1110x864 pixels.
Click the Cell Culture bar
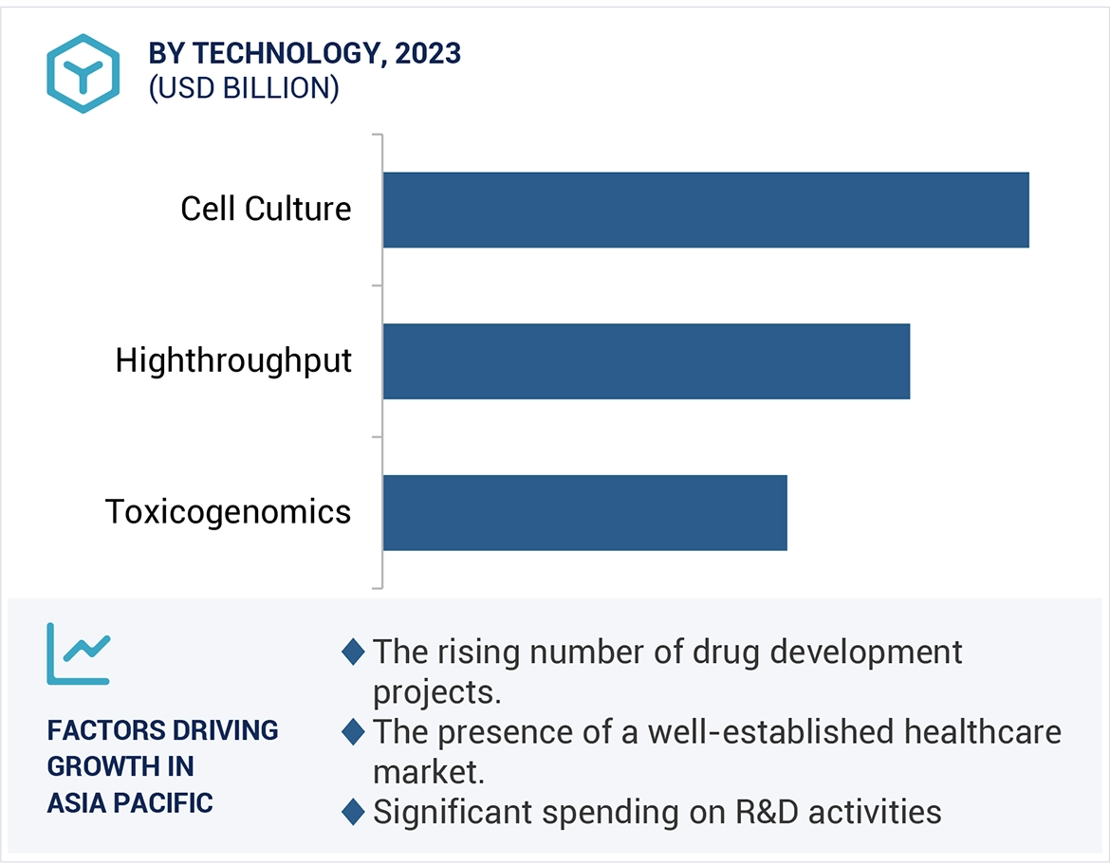[x=706, y=210]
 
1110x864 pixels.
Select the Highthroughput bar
[x=646, y=361]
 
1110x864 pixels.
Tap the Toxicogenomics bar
[x=584, y=512]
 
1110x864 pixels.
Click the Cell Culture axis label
[x=266, y=209]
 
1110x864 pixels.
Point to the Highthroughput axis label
[x=233, y=360]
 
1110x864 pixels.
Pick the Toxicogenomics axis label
[x=228, y=512]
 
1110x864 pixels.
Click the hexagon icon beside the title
[x=83, y=73]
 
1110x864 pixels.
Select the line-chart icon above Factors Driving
[x=79, y=653]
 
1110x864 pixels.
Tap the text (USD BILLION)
[x=243, y=88]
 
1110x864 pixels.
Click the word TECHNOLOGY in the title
[x=286, y=54]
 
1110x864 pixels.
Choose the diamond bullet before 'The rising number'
[x=353, y=653]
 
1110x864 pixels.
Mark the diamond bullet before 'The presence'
[x=353, y=732]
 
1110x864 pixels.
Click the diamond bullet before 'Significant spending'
[x=353, y=813]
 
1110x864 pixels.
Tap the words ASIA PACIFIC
[x=130, y=803]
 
